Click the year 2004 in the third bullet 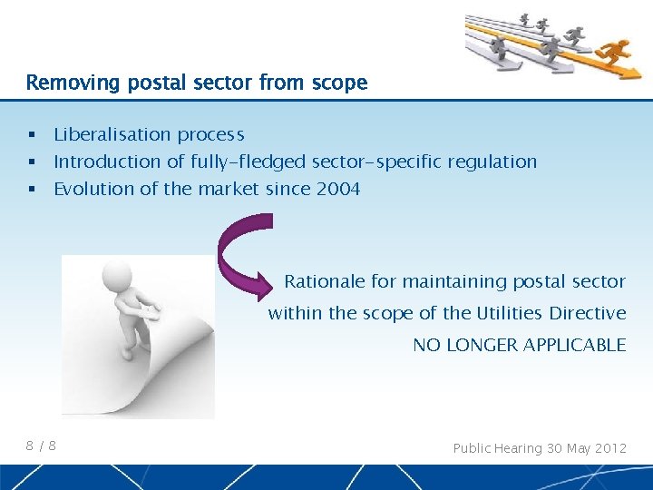click(338, 189)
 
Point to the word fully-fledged click(248, 162)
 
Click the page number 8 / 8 click(41, 446)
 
